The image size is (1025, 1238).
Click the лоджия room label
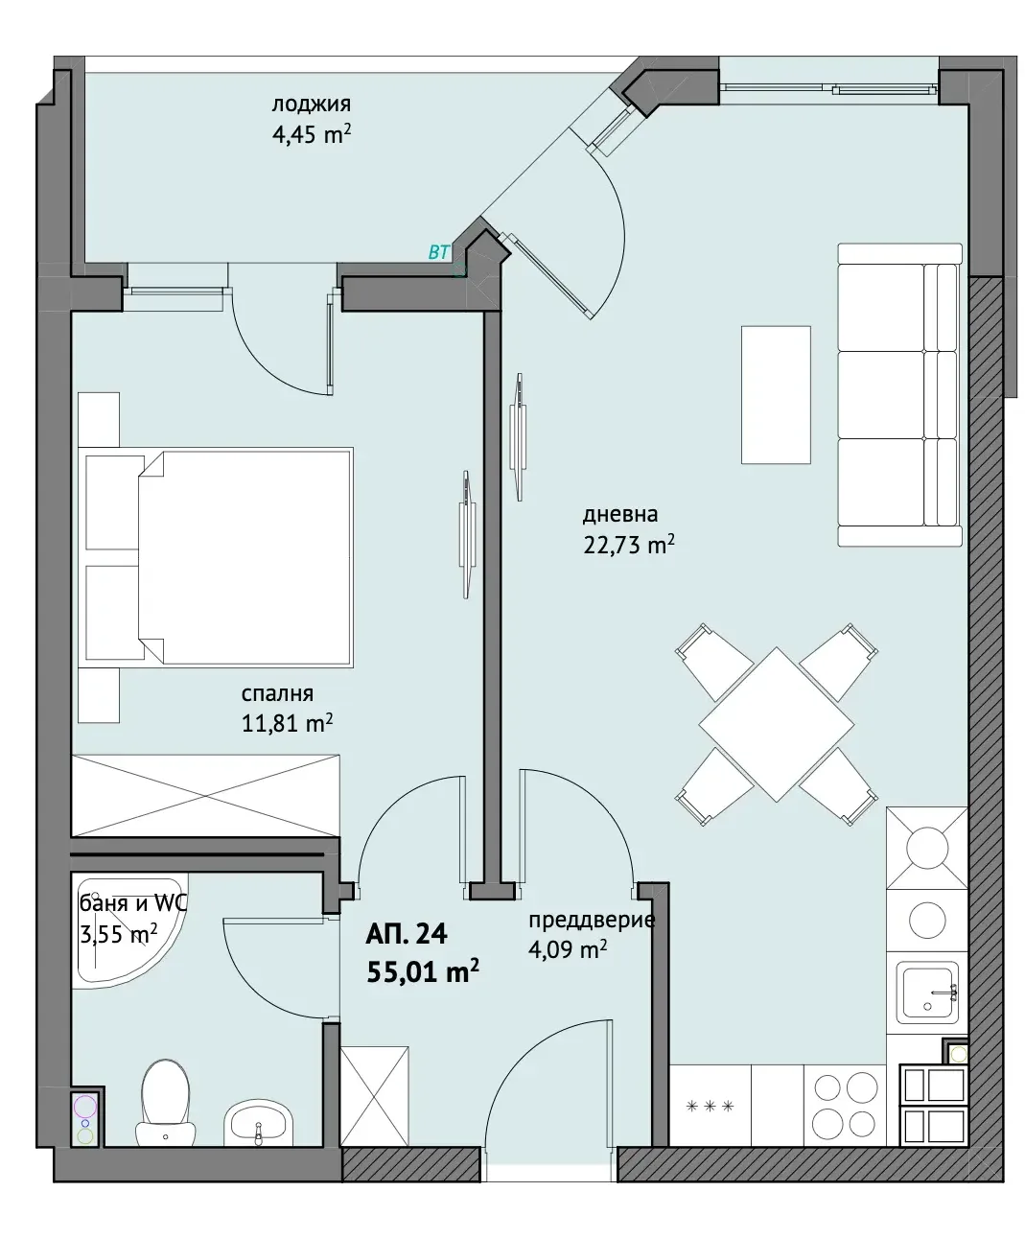(312, 105)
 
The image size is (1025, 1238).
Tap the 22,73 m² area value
(629, 545)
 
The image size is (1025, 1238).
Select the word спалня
(277, 693)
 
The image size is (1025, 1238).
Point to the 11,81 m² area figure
(287, 723)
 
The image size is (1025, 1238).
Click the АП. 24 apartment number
(407, 934)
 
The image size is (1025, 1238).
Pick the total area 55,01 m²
(423, 971)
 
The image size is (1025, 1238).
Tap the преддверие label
(592, 921)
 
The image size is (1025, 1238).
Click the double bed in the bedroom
(219, 557)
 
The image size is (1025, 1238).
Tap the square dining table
(777, 724)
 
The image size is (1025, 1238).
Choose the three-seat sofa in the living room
(900, 394)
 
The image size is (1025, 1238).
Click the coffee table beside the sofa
(776, 395)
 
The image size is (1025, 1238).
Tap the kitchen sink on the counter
(928, 993)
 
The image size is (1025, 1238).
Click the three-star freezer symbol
(710, 1106)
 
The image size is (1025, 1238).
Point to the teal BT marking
(439, 252)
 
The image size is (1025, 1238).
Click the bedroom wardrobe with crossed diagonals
(205, 795)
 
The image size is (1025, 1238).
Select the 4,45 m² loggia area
(312, 134)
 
